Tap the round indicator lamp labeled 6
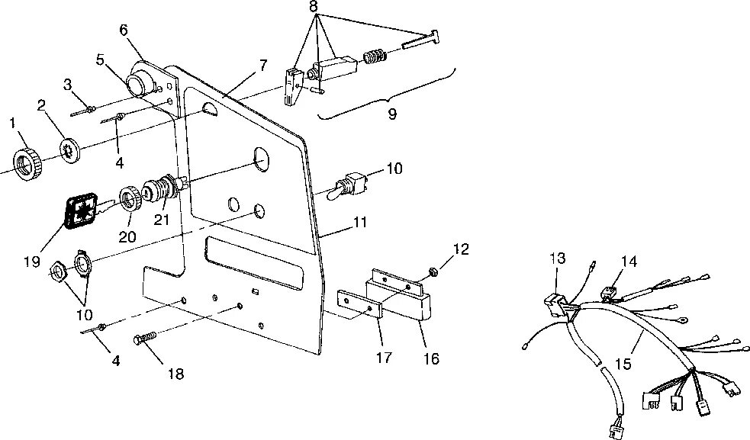pyautogui.click(x=141, y=81)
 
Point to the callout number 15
pyautogui.click(x=623, y=365)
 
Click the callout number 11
pyautogui.click(x=360, y=223)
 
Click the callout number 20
pyautogui.click(x=127, y=237)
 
